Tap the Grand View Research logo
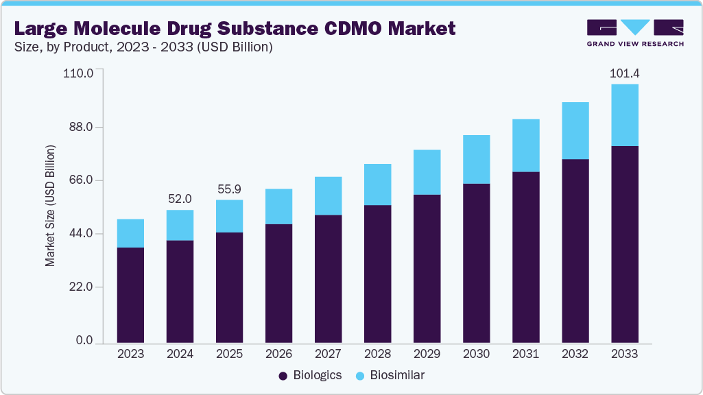[x=635, y=32]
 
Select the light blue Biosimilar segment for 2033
[x=624, y=115]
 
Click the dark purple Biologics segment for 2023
[x=130, y=295]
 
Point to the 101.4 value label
[x=624, y=73]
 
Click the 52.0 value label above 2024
[x=180, y=199]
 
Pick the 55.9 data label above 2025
[x=229, y=189]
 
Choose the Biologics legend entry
[x=309, y=375]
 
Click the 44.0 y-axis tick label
[x=80, y=234]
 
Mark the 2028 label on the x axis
[x=377, y=354]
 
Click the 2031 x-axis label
[x=525, y=354]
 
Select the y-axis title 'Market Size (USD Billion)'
[x=50, y=206]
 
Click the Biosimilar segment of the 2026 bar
[x=278, y=206]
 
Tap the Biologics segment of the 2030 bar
[x=476, y=263]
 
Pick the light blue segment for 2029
[x=427, y=172]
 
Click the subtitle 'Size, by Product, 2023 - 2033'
[x=144, y=47]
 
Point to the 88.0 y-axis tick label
[x=80, y=127]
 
